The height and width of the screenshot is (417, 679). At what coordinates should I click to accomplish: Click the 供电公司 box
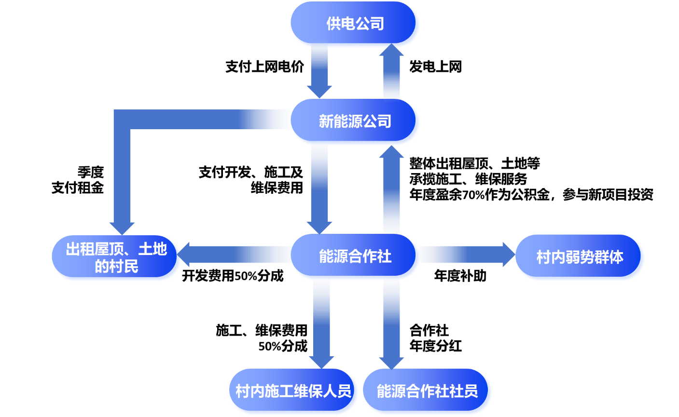355,24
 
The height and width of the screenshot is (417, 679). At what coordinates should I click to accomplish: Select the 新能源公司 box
355,121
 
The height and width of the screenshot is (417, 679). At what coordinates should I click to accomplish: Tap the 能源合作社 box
355,256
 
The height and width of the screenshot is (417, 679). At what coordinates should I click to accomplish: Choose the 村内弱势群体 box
580,257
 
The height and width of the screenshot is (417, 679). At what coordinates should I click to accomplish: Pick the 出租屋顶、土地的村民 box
116,257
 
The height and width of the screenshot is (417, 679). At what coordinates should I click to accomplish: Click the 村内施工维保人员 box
293,391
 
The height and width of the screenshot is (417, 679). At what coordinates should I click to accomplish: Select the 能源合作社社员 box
427,391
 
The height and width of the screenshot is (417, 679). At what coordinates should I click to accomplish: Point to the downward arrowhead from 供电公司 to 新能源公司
319,92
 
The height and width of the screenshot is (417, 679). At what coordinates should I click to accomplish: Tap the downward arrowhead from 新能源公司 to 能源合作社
319,228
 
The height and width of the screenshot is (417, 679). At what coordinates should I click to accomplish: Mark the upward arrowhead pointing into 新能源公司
391,152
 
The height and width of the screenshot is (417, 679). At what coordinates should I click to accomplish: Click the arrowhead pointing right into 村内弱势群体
509,255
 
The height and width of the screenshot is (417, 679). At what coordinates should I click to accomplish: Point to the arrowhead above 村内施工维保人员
321,362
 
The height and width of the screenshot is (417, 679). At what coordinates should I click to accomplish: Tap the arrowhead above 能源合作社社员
391,363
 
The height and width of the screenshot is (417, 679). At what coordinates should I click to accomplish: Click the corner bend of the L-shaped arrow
122,120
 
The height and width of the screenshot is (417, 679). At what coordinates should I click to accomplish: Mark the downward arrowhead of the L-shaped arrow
122,228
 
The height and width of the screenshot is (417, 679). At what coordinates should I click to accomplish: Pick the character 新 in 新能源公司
326,121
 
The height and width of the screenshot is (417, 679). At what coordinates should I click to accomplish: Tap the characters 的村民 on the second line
116,266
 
